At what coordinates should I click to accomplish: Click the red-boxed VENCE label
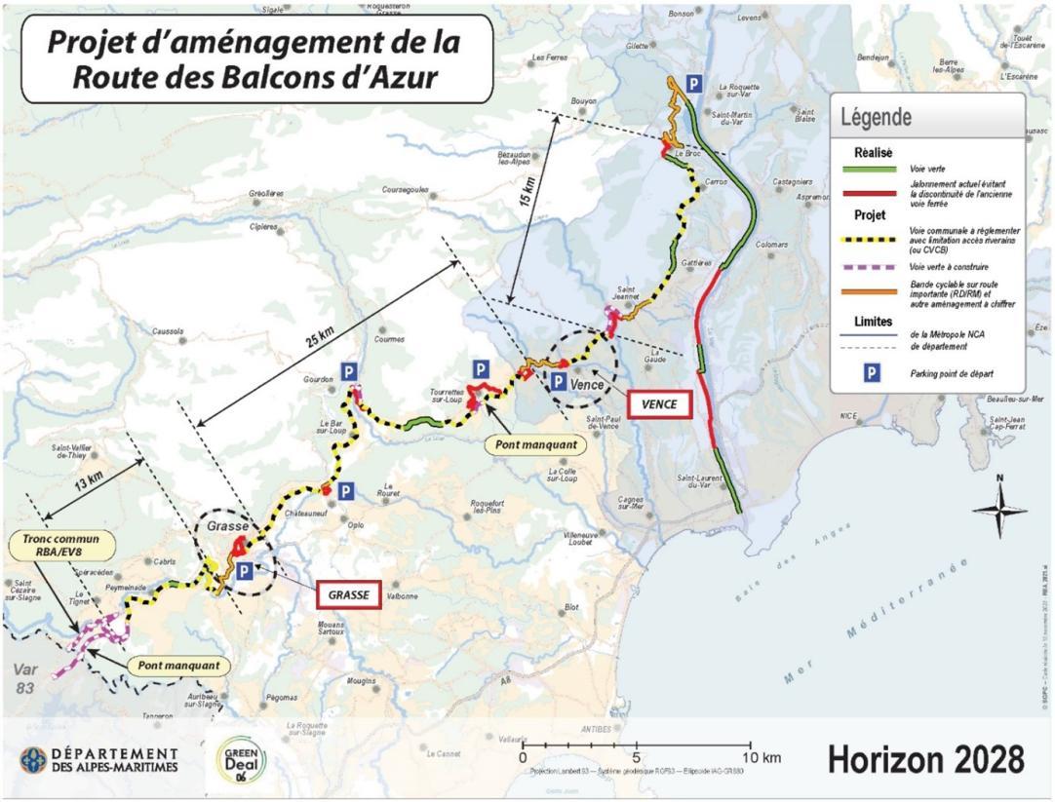pos(658,404)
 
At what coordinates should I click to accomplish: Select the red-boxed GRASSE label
pos(348,593)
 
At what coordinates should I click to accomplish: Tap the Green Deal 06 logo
pos(241,758)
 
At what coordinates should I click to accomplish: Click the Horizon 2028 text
pos(925,757)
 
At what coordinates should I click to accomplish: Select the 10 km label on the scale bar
pos(754,758)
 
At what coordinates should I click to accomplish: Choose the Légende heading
pos(877,117)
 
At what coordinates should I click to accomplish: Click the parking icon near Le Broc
pos(693,84)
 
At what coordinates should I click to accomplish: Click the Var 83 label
pos(28,676)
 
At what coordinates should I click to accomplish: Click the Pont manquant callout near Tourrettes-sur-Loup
pos(536,444)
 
